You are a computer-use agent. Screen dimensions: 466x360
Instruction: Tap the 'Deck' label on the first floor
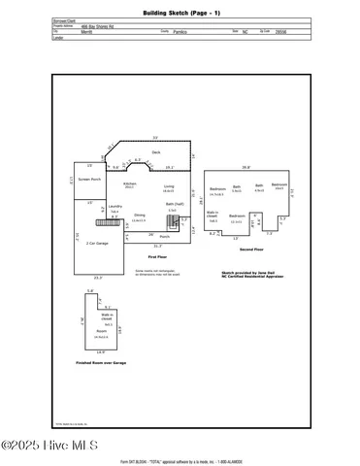coord(155,152)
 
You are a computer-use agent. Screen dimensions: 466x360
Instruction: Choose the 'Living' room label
coord(168,185)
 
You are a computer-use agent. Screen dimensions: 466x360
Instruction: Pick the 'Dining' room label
coord(140,215)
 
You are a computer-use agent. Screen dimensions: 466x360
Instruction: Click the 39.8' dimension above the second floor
coord(245,166)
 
